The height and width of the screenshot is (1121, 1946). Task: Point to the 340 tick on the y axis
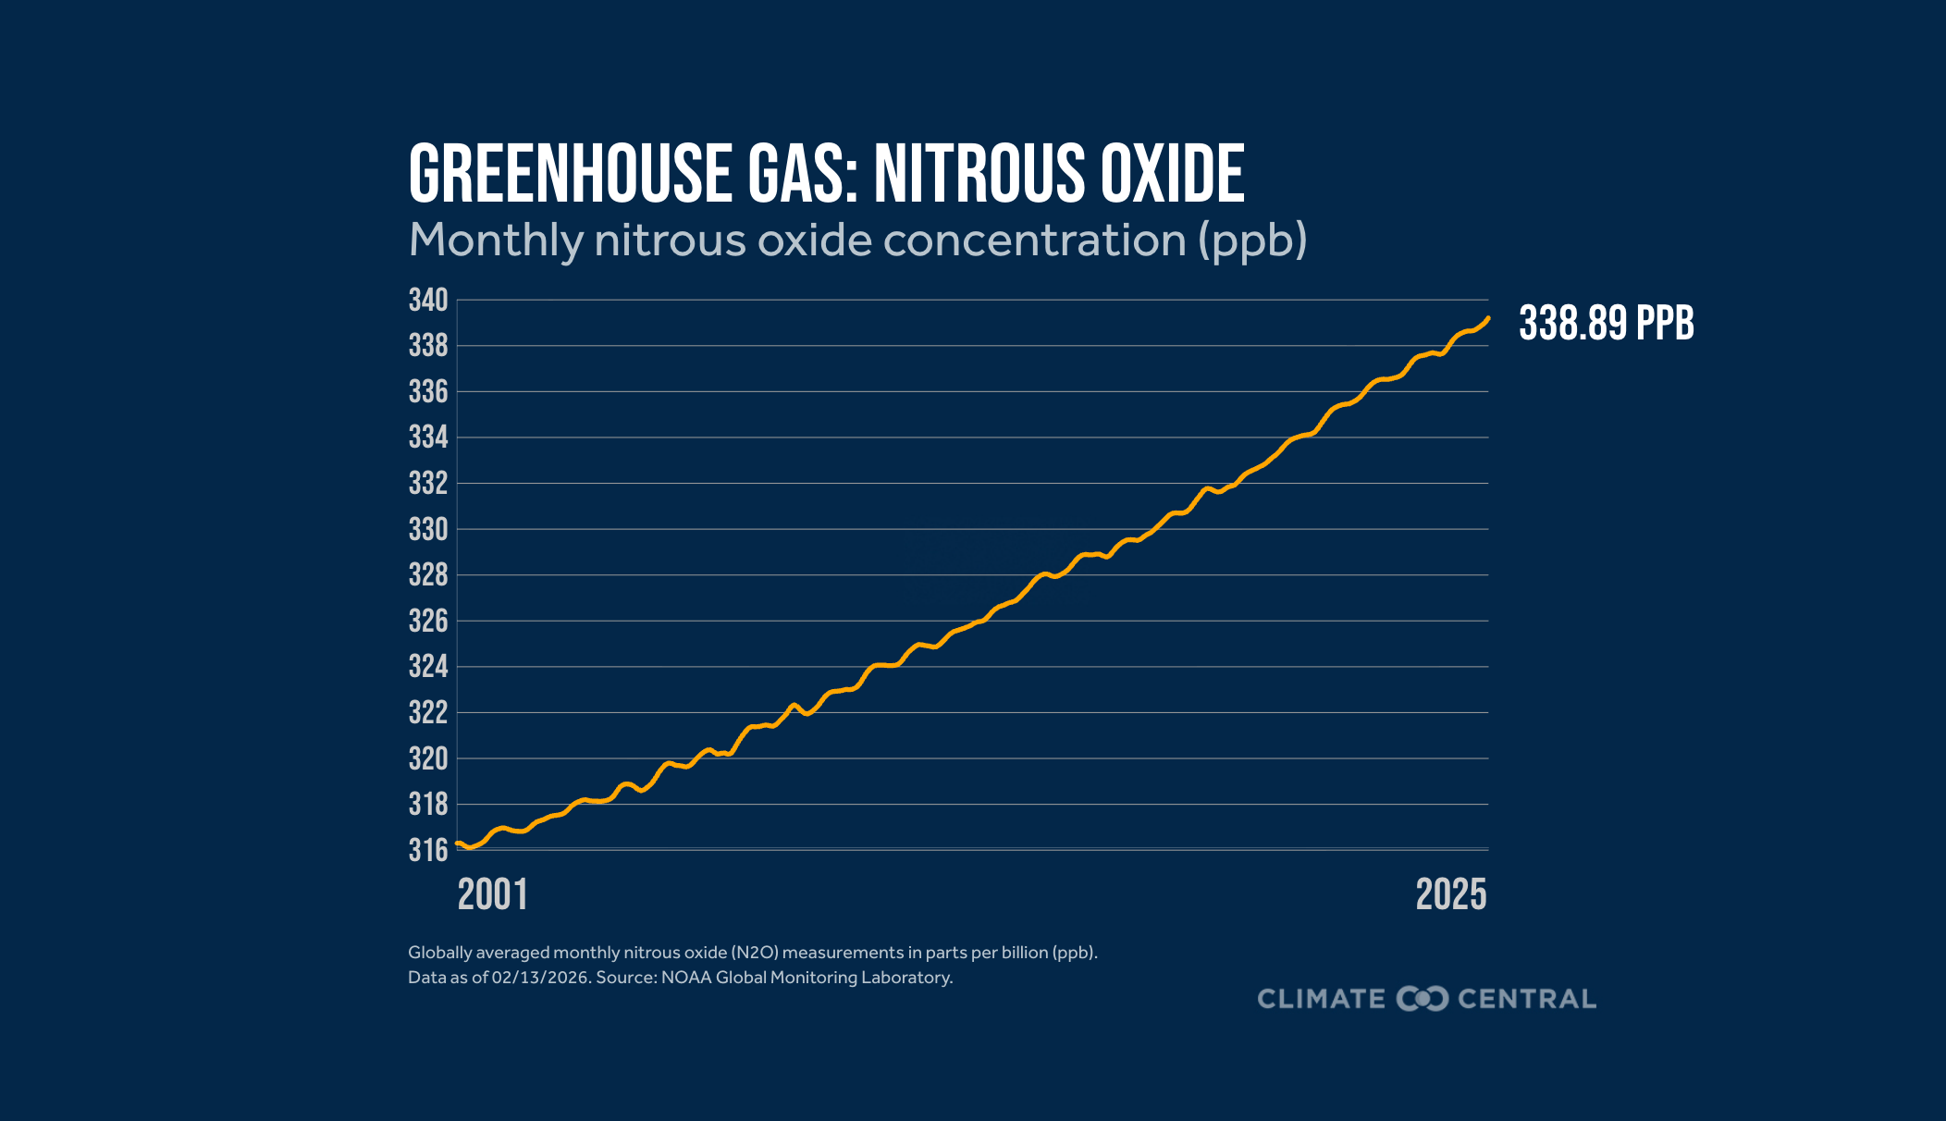pos(428,301)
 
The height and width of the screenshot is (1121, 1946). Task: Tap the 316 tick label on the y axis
pos(428,850)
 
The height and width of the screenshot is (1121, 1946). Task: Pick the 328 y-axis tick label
pos(428,575)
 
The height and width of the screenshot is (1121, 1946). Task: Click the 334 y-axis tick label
pos(428,437)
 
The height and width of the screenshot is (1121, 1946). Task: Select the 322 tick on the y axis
pos(428,713)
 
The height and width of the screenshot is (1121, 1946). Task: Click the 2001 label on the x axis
pos(493,894)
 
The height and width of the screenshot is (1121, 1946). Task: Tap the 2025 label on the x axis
pos(1451,894)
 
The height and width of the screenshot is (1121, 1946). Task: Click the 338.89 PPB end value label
pos(1607,324)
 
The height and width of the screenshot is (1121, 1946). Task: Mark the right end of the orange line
pos(1488,318)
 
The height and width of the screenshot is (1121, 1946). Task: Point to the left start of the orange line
pos(458,844)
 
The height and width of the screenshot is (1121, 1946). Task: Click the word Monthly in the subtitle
pos(495,241)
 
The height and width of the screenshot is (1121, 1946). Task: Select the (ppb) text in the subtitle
pos(1252,241)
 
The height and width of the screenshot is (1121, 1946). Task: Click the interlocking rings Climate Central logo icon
pos(1423,999)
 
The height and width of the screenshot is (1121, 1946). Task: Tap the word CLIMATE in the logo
pos(1321,999)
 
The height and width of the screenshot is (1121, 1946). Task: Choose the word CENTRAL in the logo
pos(1527,999)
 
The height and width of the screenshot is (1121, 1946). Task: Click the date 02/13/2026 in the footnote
pos(540,978)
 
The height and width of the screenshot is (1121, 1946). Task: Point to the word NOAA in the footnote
pos(686,978)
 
